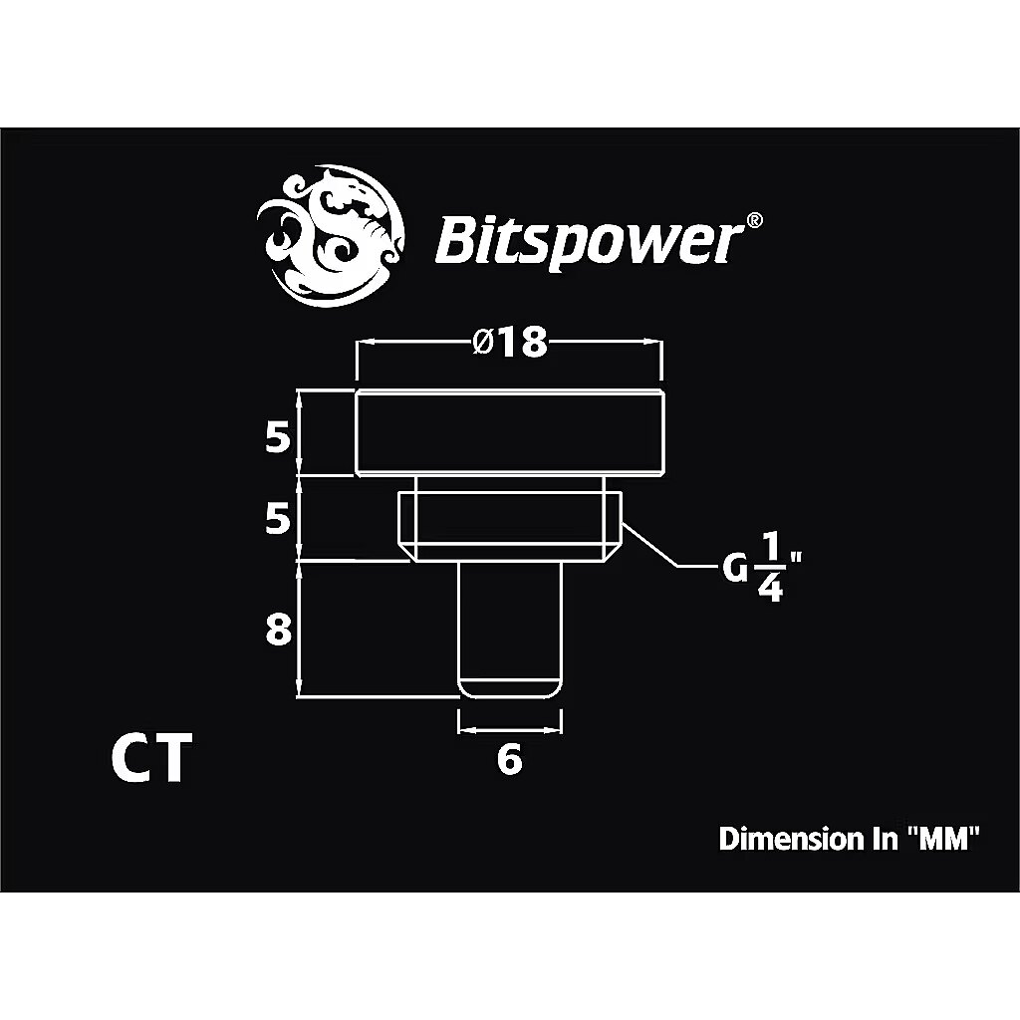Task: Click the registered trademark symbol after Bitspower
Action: point(756,219)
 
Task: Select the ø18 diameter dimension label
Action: point(510,342)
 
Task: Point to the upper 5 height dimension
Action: point(278,437)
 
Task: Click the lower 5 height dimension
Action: point(278,519)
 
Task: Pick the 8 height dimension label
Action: point(278,631)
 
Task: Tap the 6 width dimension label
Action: point(508,761)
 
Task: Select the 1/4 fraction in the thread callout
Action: point(768,568)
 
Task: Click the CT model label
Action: point(148,760)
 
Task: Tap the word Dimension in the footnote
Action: point(783,839)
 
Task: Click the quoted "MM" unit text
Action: point(944,839)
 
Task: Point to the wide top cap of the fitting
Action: point(509,434)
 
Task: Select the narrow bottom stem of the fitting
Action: point(509,628)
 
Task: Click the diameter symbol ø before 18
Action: point(481,343)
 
